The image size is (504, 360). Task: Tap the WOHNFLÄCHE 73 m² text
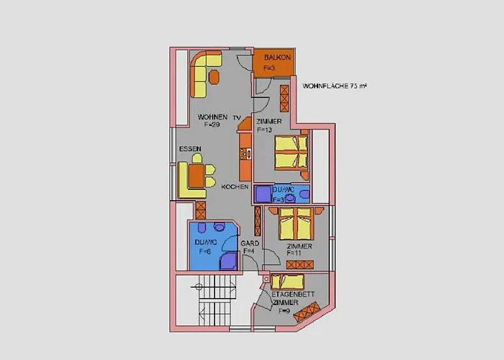coord(335,86)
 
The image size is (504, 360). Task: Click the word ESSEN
coord(190,149)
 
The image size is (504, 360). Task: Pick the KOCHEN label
coord(235,186)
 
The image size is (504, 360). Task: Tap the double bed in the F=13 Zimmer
coord(291,151)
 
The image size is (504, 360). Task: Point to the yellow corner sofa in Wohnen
coord(202,79)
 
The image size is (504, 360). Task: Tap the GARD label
coord(250,243)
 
